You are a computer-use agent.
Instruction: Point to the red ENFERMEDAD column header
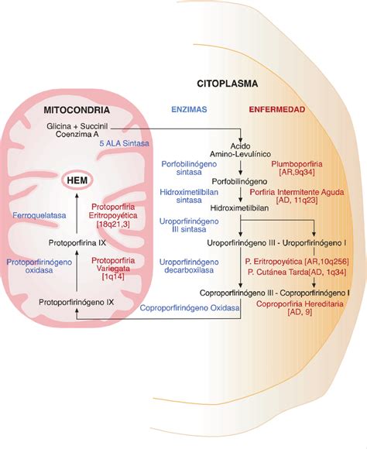(x=276, y=110)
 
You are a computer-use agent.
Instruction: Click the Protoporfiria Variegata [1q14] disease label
(x=118, y=267)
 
